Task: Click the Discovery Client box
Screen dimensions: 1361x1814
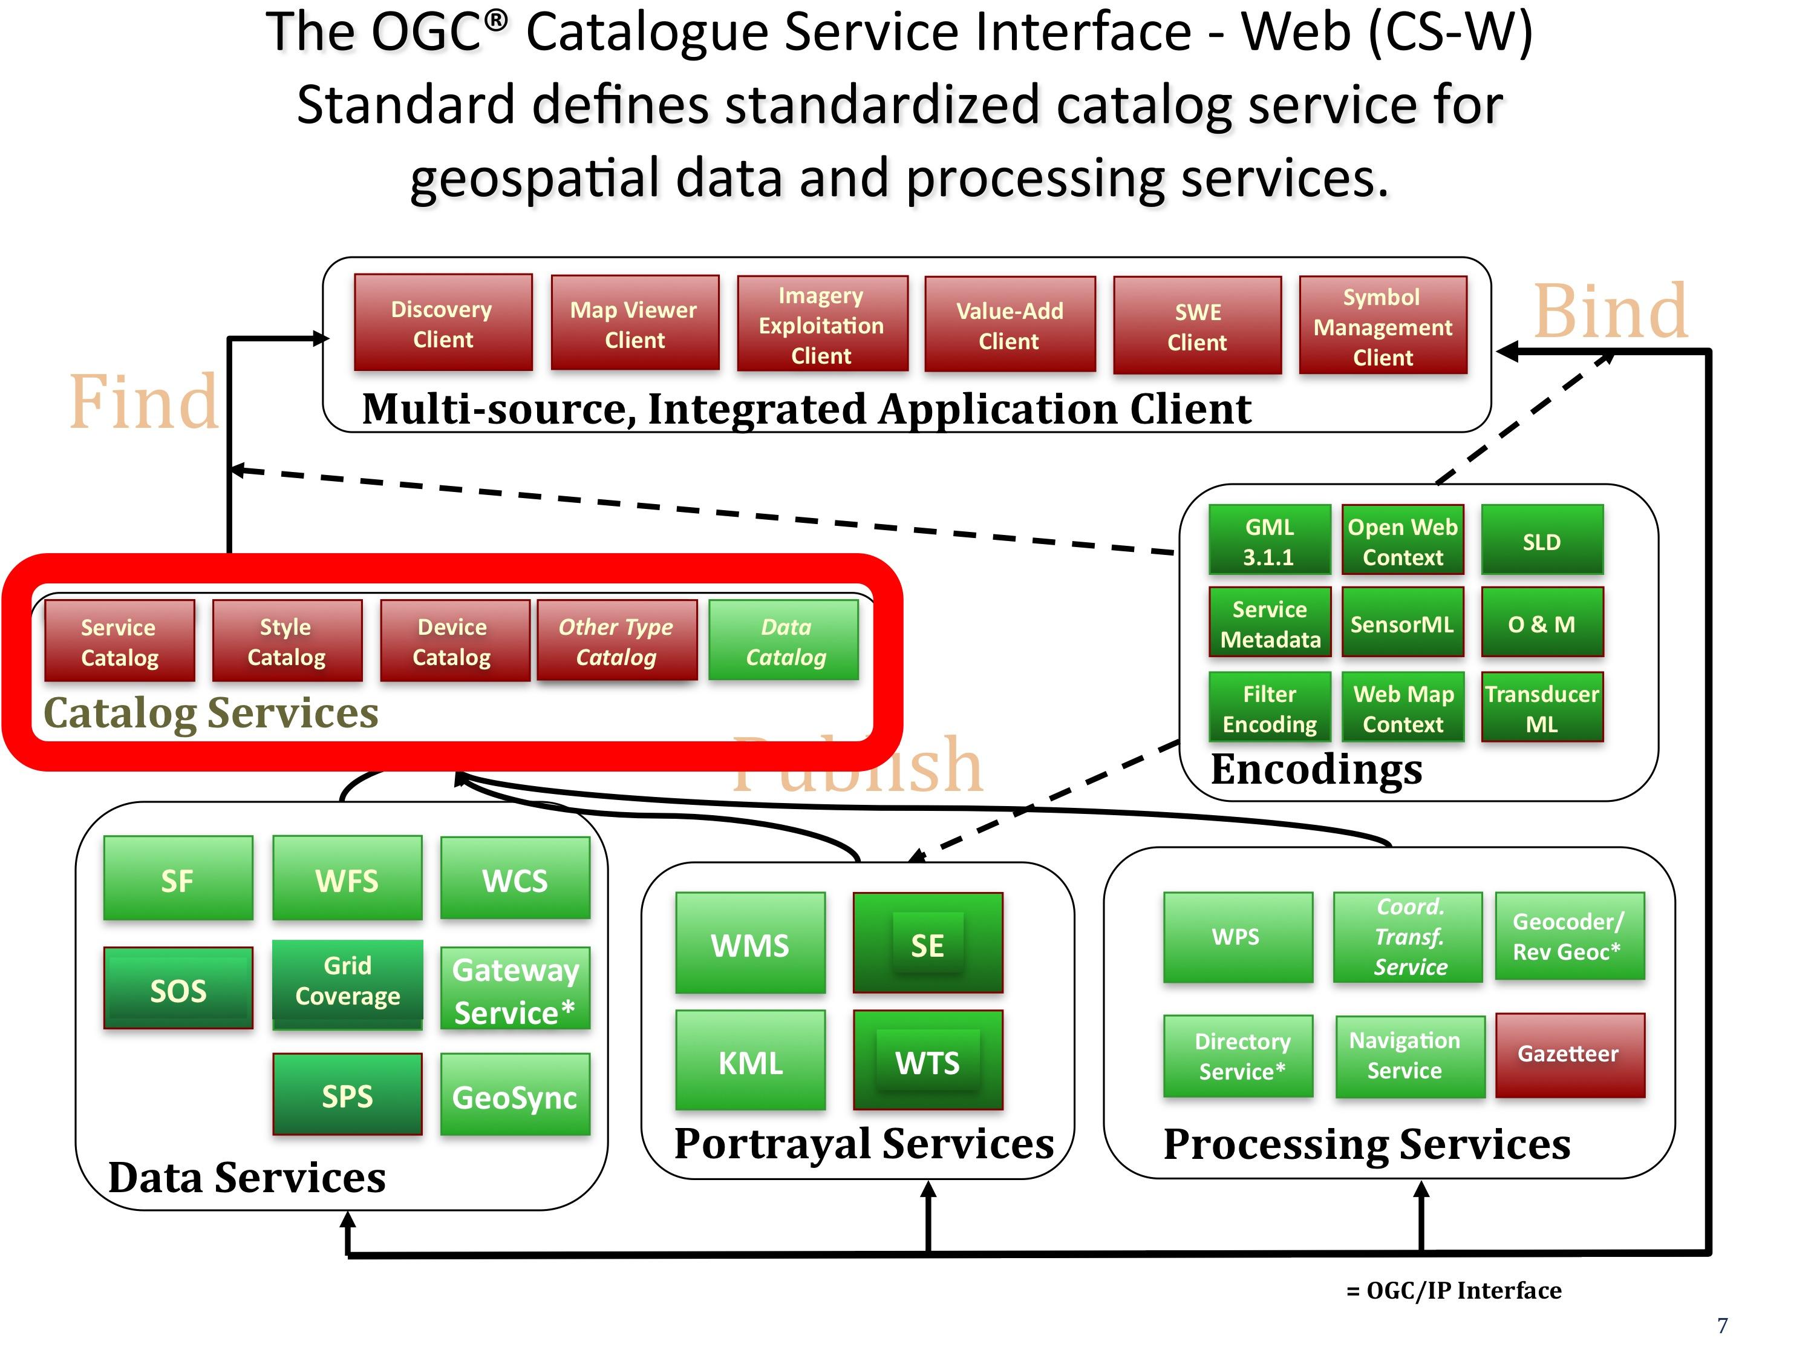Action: (x=443, y=323)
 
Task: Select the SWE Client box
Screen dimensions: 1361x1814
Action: (x=1197, y=326)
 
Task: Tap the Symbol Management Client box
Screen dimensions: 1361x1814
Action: (x=1383, y=326)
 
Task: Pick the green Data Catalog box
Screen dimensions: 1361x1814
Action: (x=784, y=641)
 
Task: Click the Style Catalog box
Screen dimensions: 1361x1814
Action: (x=286, y=641)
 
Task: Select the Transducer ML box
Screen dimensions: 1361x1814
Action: (x=1541, y=708)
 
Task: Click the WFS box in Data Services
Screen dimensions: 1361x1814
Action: (x=347, y=879)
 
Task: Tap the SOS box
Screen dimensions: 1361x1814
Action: (x=178, y=989)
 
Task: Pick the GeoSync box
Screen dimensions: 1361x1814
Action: (x=515, y=1096)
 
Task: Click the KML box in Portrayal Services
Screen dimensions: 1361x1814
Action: (x=751, y=1061)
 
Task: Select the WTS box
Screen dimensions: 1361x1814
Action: (x=927, y=1061)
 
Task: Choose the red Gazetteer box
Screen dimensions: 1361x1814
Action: (x=1569, y=1054)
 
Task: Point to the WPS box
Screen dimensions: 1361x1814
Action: (x=1237, y=936)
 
